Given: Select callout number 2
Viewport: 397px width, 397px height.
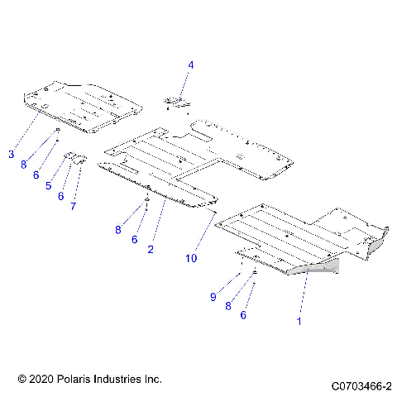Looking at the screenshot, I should (151, 248).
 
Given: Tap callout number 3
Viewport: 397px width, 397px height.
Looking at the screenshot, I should (12, 154).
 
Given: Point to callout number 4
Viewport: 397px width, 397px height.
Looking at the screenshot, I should (191, 64).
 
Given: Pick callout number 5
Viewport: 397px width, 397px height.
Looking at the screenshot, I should (49, 186).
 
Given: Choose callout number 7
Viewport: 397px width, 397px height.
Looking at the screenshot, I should (73, 206).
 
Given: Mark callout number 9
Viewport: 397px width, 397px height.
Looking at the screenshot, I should (213, 296).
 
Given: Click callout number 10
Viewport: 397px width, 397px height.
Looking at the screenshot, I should (191, 258).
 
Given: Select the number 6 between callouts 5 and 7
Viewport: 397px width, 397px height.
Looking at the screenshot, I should (60, 196).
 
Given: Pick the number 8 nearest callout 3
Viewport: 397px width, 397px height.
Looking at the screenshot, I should (25, 164).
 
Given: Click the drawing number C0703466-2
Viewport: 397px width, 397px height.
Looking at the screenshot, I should (361, 385).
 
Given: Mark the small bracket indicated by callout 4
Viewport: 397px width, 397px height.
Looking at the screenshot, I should (175, 103).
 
